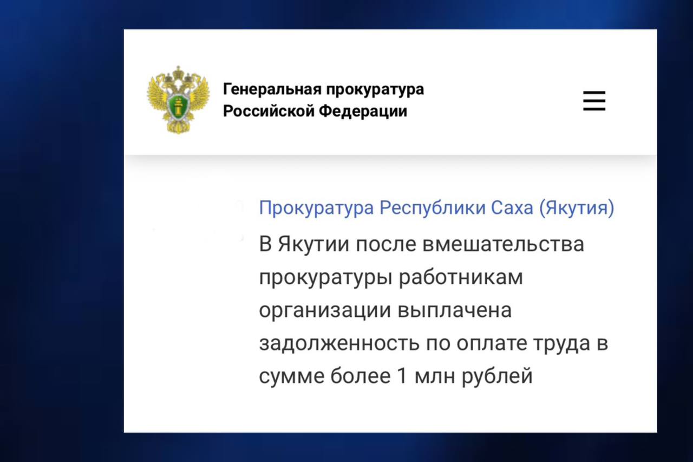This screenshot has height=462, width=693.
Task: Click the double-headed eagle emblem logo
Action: pyautogui.click(x=178, y=100)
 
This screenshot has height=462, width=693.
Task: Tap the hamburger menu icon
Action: pyautogui.click(x=594, y=101)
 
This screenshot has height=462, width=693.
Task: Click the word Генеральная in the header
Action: pyautogui.click(x=272, y=90)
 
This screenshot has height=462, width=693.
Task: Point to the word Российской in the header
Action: pyautogui.click(x=269, y=111)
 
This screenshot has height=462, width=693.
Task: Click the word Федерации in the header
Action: pyautogui.click(x=363, y=112)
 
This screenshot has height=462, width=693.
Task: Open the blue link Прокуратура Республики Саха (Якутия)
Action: pyautogui.click(x=436, y=207)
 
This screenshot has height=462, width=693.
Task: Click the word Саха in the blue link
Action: pyautogui.click(x=512, y=207)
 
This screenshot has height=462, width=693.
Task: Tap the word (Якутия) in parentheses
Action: pyautogui.click(x=577, y=208)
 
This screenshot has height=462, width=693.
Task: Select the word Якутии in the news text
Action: pyautogui.click(x=313, y=244)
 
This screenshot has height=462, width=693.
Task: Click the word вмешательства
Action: pyautogui.click(x=503, y=244)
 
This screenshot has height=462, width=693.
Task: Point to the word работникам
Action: pyautogui.click(x=461, y=277)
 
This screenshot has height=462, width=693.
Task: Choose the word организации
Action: pyautogui.click(x=325, y=311)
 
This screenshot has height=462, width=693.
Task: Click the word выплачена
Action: pyautogui.click(x=454, y=310)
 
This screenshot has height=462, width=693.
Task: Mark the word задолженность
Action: pyautogui.click(x=339, y=344)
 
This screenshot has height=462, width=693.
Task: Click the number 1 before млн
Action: pyautogui.click(x=402, y=376)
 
